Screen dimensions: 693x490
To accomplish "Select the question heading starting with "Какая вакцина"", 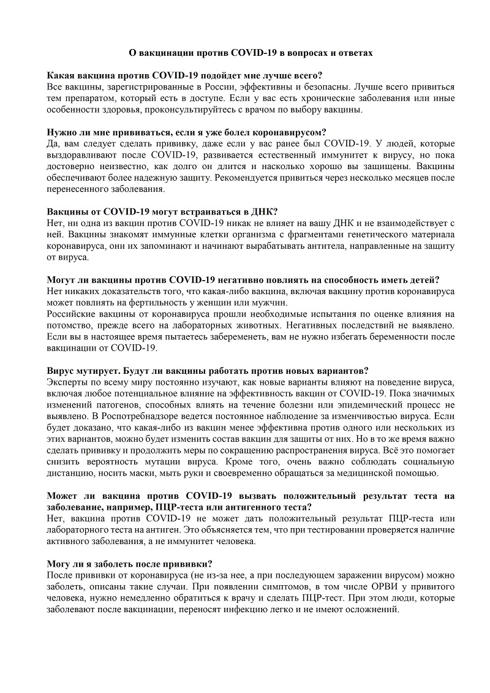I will pyautogui.click(x=184, y=76).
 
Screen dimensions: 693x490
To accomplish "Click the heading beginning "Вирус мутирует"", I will pyautogui.click(x=208, y=371).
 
